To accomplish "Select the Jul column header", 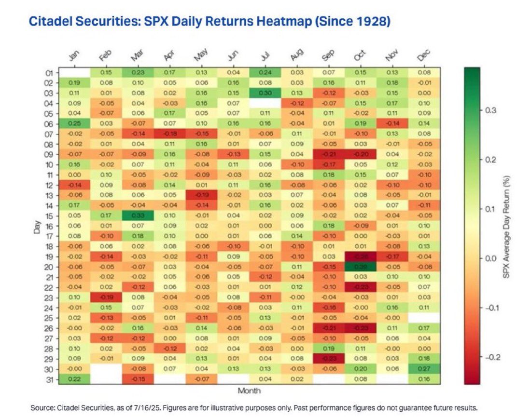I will tap(264, 56).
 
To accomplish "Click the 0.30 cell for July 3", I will tap(264, 93).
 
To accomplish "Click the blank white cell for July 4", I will tap(264, 103).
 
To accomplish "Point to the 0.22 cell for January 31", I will tap(74, 379).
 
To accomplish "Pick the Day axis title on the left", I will tap(36, 227).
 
